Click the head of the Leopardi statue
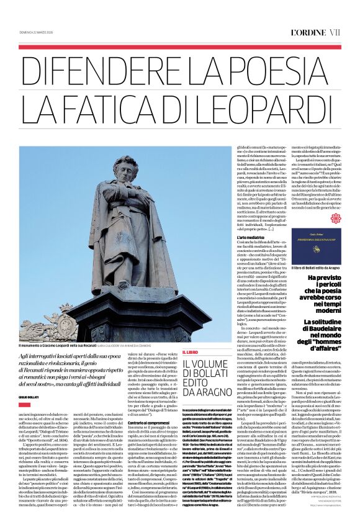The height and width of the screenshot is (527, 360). click(x=127, y=171)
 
